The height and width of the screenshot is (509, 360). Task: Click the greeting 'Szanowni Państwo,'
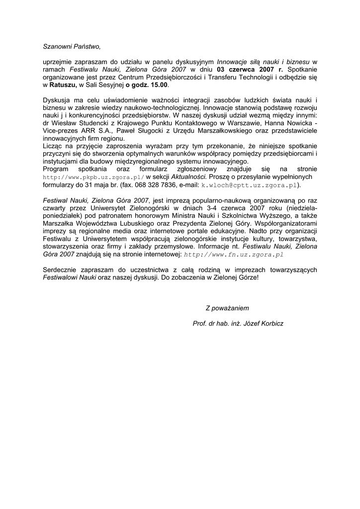(x=72, y=47)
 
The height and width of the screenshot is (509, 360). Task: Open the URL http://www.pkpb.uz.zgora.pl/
(x=93, y=177)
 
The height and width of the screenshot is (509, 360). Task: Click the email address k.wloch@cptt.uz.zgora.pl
(x=249, y=184)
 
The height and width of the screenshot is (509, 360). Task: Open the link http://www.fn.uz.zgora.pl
(x=234, y=254)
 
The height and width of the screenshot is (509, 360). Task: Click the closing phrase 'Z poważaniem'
(x=227, y=308)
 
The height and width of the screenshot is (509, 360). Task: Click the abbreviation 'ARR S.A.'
(x=99, y=131)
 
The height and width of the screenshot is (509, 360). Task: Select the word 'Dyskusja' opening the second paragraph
(x=58, y=100)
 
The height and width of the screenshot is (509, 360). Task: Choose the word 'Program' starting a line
(x=57, y=170)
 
